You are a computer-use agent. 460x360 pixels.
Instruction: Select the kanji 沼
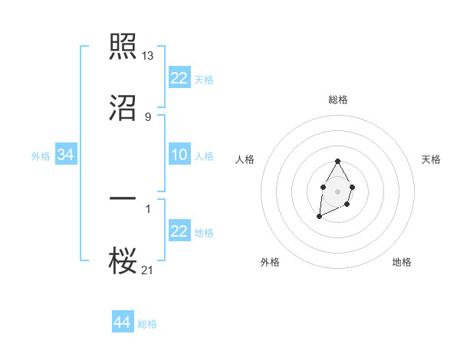pos(123,109)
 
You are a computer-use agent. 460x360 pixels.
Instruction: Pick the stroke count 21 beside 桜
pos(149,270)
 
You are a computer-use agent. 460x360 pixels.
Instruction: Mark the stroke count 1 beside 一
pos(148,207)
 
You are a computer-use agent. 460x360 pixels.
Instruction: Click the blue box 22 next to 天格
pos(179,78)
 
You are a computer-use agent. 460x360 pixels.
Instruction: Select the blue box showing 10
pos(179,155)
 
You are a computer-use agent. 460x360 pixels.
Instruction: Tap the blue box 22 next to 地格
pos(179,231)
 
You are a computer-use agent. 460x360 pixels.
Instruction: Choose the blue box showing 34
pos(66,155)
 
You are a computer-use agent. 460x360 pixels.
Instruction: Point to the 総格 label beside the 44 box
pos(147,324)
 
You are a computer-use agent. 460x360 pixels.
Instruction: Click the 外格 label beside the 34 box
pos(41,156)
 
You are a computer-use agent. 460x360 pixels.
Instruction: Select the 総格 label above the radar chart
pos(338,100)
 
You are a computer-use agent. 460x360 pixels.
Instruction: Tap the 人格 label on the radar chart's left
pos(245,159)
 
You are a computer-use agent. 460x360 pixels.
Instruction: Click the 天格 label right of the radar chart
pos(431,159)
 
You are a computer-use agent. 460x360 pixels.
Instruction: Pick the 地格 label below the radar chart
pos(402,262)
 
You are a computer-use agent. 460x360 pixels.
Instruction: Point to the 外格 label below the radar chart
pos(270,262)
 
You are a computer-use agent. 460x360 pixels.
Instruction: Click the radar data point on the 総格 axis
pos(337,161)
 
